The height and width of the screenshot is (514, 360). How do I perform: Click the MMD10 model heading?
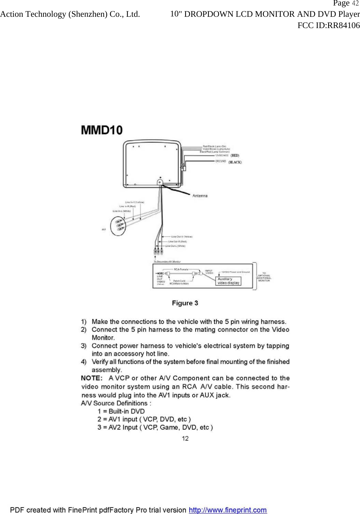coord(102,130)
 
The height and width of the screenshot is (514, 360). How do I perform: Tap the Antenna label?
coord(200,196)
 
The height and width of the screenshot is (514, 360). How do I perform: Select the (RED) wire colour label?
coord(235,155)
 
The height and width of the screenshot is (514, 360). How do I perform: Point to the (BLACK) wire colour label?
coord(235,162)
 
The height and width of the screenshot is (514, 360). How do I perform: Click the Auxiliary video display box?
coord(228,281)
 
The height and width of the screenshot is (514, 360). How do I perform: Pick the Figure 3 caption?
coord(185,303)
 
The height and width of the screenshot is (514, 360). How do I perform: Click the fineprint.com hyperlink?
coord(228,510)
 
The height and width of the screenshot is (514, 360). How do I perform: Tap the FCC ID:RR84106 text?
coord(328,25)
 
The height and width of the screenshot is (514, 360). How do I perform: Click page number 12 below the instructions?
coord(185,438)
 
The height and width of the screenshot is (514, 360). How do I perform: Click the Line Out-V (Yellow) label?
coord(182,236)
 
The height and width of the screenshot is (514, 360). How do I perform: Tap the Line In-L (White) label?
coord(122,211)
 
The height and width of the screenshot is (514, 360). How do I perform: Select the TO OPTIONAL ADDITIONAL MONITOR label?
coord(264,277)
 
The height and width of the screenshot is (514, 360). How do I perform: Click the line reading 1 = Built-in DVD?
coord(121,411)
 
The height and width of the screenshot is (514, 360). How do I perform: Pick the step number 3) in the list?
coord(84,346)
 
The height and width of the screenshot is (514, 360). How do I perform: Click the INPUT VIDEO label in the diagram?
coord(209,272)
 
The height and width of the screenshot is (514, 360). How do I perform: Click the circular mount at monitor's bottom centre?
coord(160,182)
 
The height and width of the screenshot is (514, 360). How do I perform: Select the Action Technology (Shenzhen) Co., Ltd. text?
coord(70,14)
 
